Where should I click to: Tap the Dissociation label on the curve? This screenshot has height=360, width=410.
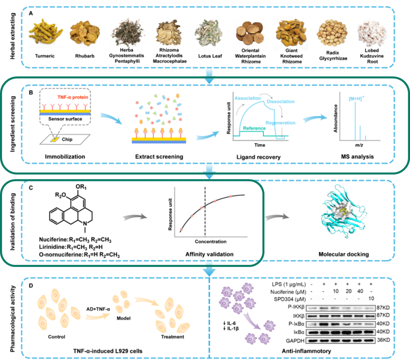(280, 102)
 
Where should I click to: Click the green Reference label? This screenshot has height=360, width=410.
(254, 129)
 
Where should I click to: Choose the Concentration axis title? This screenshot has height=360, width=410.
(210, 242)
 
